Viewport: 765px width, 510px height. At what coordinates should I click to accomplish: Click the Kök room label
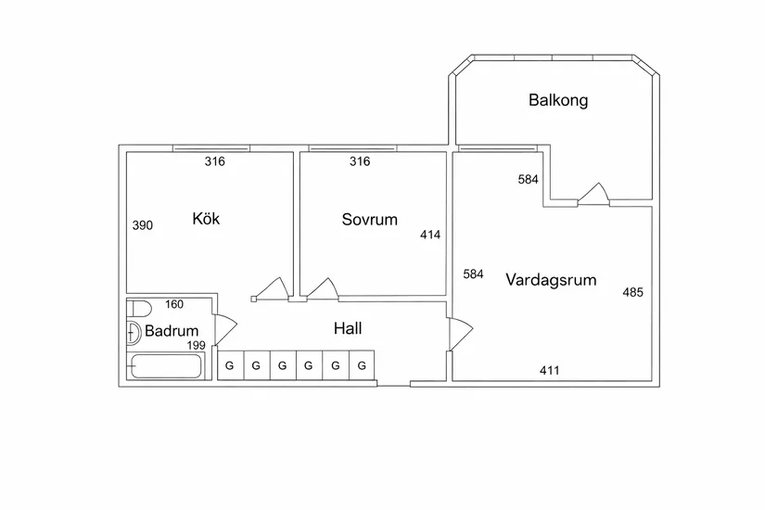[206, 218]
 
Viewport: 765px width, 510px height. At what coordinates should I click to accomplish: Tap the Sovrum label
[369, 219]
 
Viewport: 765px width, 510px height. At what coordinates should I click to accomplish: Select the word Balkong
[558, 100]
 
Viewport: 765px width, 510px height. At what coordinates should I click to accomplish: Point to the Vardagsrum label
[551, 280]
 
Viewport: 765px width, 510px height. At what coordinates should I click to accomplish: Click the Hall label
[348, 328]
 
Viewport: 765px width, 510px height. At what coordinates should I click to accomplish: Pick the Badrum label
[172, 330]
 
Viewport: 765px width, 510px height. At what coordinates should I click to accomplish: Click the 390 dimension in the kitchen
[143, 225]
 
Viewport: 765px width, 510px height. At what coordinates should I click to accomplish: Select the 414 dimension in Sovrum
[430, 235]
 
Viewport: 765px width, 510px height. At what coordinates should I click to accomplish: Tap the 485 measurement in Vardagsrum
[632, 292]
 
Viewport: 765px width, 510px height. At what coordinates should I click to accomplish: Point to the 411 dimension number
[549, 370]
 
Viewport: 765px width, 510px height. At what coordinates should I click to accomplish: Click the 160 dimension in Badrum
[174, 304]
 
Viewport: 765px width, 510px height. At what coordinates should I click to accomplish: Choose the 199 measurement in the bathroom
[197, 345]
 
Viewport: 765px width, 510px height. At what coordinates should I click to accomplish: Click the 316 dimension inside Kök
[215, 161]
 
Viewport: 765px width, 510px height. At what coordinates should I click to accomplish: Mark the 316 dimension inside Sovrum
[360, 161]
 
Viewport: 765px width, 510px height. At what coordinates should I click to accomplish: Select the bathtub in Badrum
[166, 366]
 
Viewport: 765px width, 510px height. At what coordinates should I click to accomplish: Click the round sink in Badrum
[134, 334]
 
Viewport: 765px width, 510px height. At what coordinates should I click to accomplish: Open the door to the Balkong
[593, 194]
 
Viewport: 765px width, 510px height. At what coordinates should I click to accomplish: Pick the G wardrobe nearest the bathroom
[230, 365]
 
